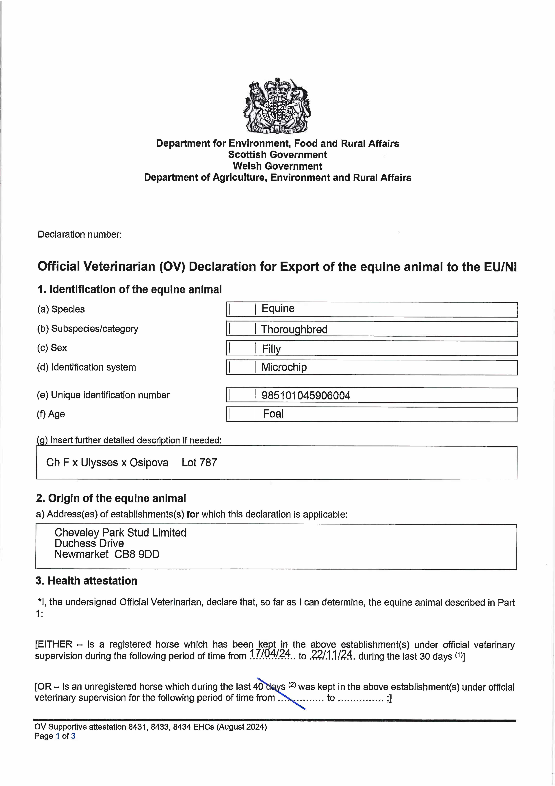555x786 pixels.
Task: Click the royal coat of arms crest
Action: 277,106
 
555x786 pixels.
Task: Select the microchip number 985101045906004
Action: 306,396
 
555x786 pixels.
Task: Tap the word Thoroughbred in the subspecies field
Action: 294,329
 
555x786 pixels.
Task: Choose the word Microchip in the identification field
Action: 284,367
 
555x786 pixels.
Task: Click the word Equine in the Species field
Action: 278,308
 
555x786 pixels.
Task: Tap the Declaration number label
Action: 80,235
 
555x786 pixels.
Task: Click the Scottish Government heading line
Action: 277,155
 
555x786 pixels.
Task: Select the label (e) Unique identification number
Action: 103,395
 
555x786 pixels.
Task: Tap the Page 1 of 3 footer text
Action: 55,736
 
